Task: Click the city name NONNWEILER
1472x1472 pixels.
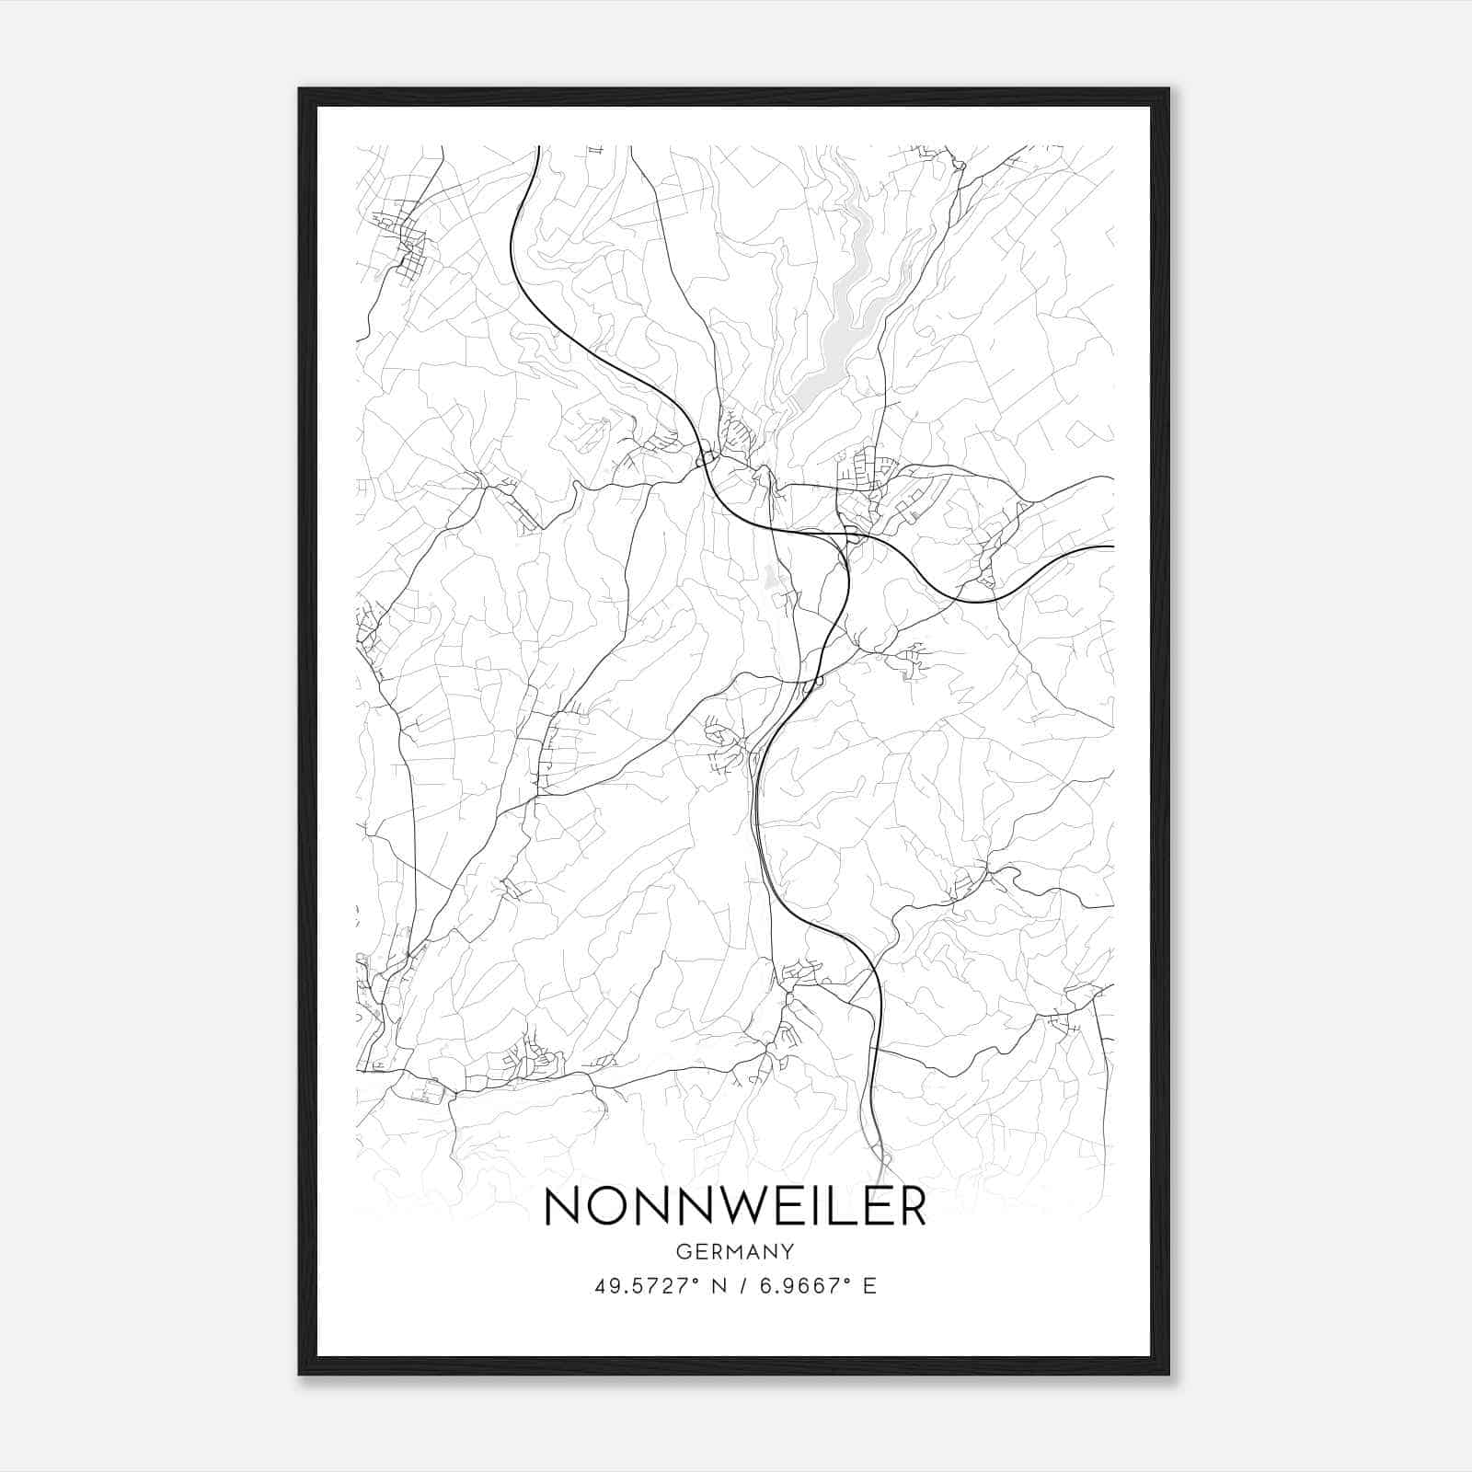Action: tap(735, 1206)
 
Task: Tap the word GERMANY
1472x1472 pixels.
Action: tap(735, 1252)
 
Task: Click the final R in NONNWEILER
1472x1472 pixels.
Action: tap(908, 1206)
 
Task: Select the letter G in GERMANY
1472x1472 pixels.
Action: tap(683, 1252)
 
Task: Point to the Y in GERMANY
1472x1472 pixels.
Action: tap(788, 1252)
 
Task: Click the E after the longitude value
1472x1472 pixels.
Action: tap(869, 1285)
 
